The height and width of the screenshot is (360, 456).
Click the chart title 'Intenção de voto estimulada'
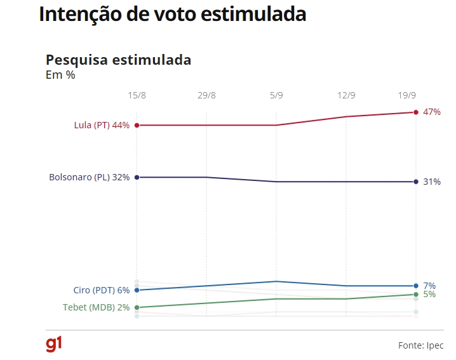[x=173, y=15]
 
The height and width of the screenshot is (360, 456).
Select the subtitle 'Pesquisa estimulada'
[x=118, y=60]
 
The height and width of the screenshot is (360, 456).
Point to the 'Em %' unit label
[x=60, y=75]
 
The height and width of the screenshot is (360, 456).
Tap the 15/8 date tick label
[x=137, y=96]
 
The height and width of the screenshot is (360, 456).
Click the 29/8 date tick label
[x=206, y=96]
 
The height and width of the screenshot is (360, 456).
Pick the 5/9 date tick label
[x=276, y=96]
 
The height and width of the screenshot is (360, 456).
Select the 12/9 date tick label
[x=346, y=96]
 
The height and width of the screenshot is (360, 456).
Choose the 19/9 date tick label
[x=407, y=96]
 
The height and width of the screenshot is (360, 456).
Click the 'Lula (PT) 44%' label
[x=102, y=125]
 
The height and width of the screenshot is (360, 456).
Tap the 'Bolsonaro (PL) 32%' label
[x=89, y=177]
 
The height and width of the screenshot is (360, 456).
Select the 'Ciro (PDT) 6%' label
[x=102, y=290]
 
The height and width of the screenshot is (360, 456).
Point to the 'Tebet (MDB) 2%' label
[x=97, y=307]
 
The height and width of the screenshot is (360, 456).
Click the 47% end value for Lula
[x=432, y=112]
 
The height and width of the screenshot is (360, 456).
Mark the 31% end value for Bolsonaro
[x=432, y=182]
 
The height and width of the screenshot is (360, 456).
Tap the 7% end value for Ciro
[x=429, y=286]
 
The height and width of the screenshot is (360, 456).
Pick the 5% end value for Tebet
[x=429, y=295]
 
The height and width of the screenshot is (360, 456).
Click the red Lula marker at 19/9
[x=416, y=112]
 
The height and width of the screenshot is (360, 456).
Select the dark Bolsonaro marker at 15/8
[x=137, y=177]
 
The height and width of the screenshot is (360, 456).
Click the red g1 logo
[x=54, y=344]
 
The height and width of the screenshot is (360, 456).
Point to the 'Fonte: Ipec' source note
[x=420, y=345]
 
